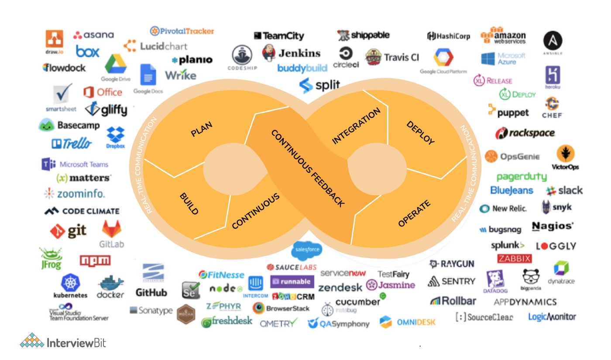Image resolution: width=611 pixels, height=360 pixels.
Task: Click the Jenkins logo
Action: pos(291,53)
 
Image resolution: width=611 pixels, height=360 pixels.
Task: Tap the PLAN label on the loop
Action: pos(202,130)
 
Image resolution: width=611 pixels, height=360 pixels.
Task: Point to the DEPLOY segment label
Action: pos(420,133)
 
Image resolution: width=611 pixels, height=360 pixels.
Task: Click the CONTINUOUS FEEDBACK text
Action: pos(308,168)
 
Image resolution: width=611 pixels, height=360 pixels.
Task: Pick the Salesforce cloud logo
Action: pos(307,250)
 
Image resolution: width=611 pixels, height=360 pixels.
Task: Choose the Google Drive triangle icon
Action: pos(115,64)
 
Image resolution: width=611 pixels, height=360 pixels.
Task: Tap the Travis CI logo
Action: pos(392,57)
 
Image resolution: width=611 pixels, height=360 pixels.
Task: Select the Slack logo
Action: pos(564,191)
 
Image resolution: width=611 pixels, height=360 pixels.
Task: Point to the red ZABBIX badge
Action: pos(515,258)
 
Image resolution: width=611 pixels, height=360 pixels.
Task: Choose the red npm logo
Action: pos(95,261)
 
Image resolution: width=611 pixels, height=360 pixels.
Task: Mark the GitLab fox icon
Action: pos(111,229)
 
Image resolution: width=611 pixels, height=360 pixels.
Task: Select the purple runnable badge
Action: pos(292,281)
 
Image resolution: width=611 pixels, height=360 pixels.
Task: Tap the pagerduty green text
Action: pos(522,177)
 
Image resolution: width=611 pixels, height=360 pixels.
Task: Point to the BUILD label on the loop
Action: pos(189,204)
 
